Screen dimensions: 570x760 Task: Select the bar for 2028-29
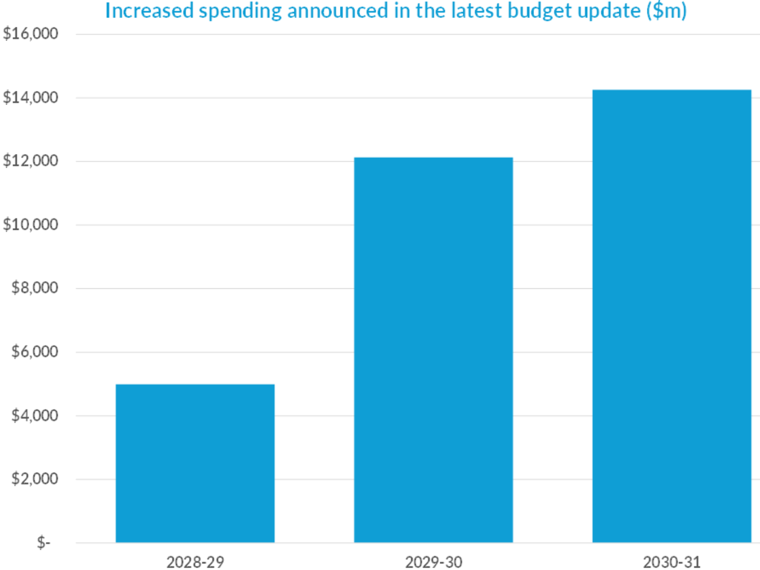(195, 463)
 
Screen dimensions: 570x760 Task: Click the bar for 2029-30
(433, 350)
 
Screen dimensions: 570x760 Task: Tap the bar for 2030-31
(671, 316)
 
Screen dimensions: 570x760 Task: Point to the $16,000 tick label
(31, 33)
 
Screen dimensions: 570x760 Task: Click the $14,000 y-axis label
(31, 98)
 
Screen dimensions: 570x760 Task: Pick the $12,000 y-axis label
(31, 161)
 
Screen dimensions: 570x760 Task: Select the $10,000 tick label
(31, 224)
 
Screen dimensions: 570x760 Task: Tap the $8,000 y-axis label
(35, 287)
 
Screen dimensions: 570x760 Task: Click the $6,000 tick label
(35, 351)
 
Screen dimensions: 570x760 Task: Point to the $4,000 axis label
(35, 415)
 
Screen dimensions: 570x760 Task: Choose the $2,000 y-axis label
(35, 479)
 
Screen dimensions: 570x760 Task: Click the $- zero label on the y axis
(43, 543)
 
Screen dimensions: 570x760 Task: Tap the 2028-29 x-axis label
(195, 562)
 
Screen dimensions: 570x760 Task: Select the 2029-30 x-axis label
(433, 562)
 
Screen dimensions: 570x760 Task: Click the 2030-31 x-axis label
(671, 562)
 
